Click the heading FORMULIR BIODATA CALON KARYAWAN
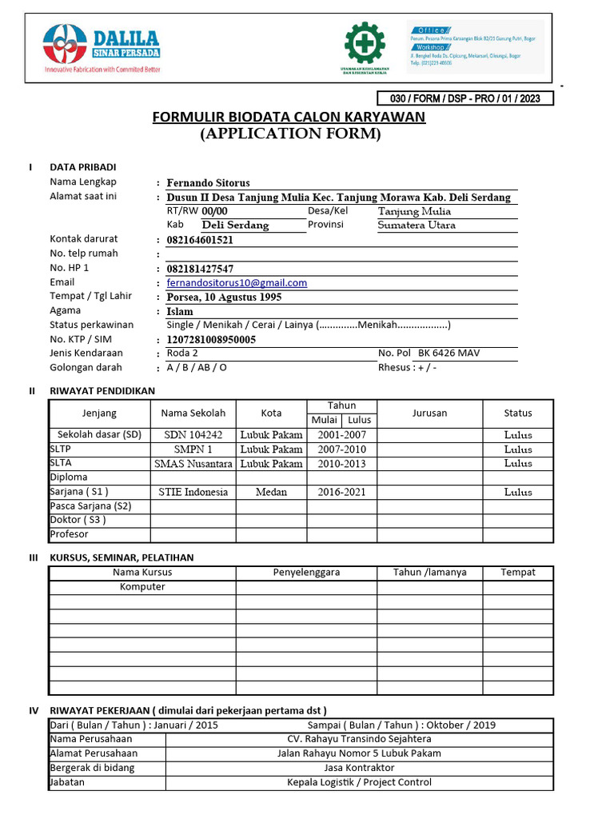[289, 118]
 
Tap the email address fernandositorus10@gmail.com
[237, 283]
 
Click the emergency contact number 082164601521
[200, 240]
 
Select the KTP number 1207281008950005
[211, 340]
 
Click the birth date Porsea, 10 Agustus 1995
[224, 297]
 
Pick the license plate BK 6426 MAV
[449, 354]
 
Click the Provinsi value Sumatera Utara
[417, 226]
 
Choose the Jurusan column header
[429, 413]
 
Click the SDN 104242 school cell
[193, 435]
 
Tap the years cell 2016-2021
[341, 492]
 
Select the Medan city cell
[271, 492]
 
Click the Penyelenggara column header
[306, 573]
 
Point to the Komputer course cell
[142, 587]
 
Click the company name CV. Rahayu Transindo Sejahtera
[359, 739]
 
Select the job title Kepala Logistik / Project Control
[359, 782]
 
